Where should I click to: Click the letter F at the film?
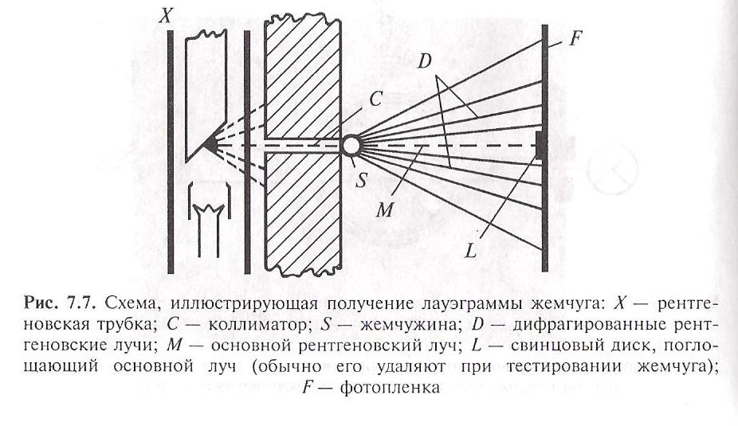tap(576, 37)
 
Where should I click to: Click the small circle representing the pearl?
tap(351, 146)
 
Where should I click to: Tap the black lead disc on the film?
tap(542, 145)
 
